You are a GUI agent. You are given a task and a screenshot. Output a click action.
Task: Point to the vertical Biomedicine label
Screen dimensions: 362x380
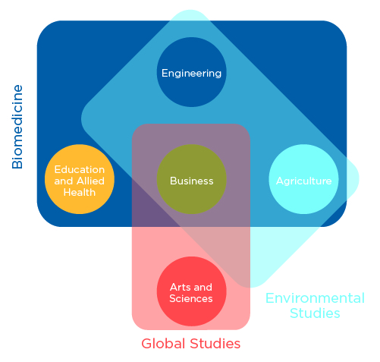click(x=17, y=126)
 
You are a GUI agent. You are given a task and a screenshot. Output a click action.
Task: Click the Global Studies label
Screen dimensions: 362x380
click(x=191, y=344)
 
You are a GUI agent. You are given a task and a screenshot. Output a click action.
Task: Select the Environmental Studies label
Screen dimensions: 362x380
click(x=315, y=305)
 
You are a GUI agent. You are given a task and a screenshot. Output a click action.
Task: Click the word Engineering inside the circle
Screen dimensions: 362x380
click(x=191, y=74)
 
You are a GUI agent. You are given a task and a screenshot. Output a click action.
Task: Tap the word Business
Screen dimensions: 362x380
click(x=191, y=181)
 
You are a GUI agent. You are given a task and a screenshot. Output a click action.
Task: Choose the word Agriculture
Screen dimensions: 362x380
click(x=303, y=181)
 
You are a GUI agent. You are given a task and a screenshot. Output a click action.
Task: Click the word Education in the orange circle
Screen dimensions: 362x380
click(x=80, y=170)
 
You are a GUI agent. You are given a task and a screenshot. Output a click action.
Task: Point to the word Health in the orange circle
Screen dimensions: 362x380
click(x=80, y=192)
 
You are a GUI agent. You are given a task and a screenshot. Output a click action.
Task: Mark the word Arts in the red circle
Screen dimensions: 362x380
click(x=180, y=288)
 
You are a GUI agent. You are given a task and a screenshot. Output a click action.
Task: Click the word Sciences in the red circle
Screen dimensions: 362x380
click(x=191, y=299)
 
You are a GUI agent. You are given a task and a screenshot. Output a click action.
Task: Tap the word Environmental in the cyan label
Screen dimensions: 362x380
click(x=315, y=298)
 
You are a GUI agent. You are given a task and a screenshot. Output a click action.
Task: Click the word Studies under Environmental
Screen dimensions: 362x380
click(x=315, y=313)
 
